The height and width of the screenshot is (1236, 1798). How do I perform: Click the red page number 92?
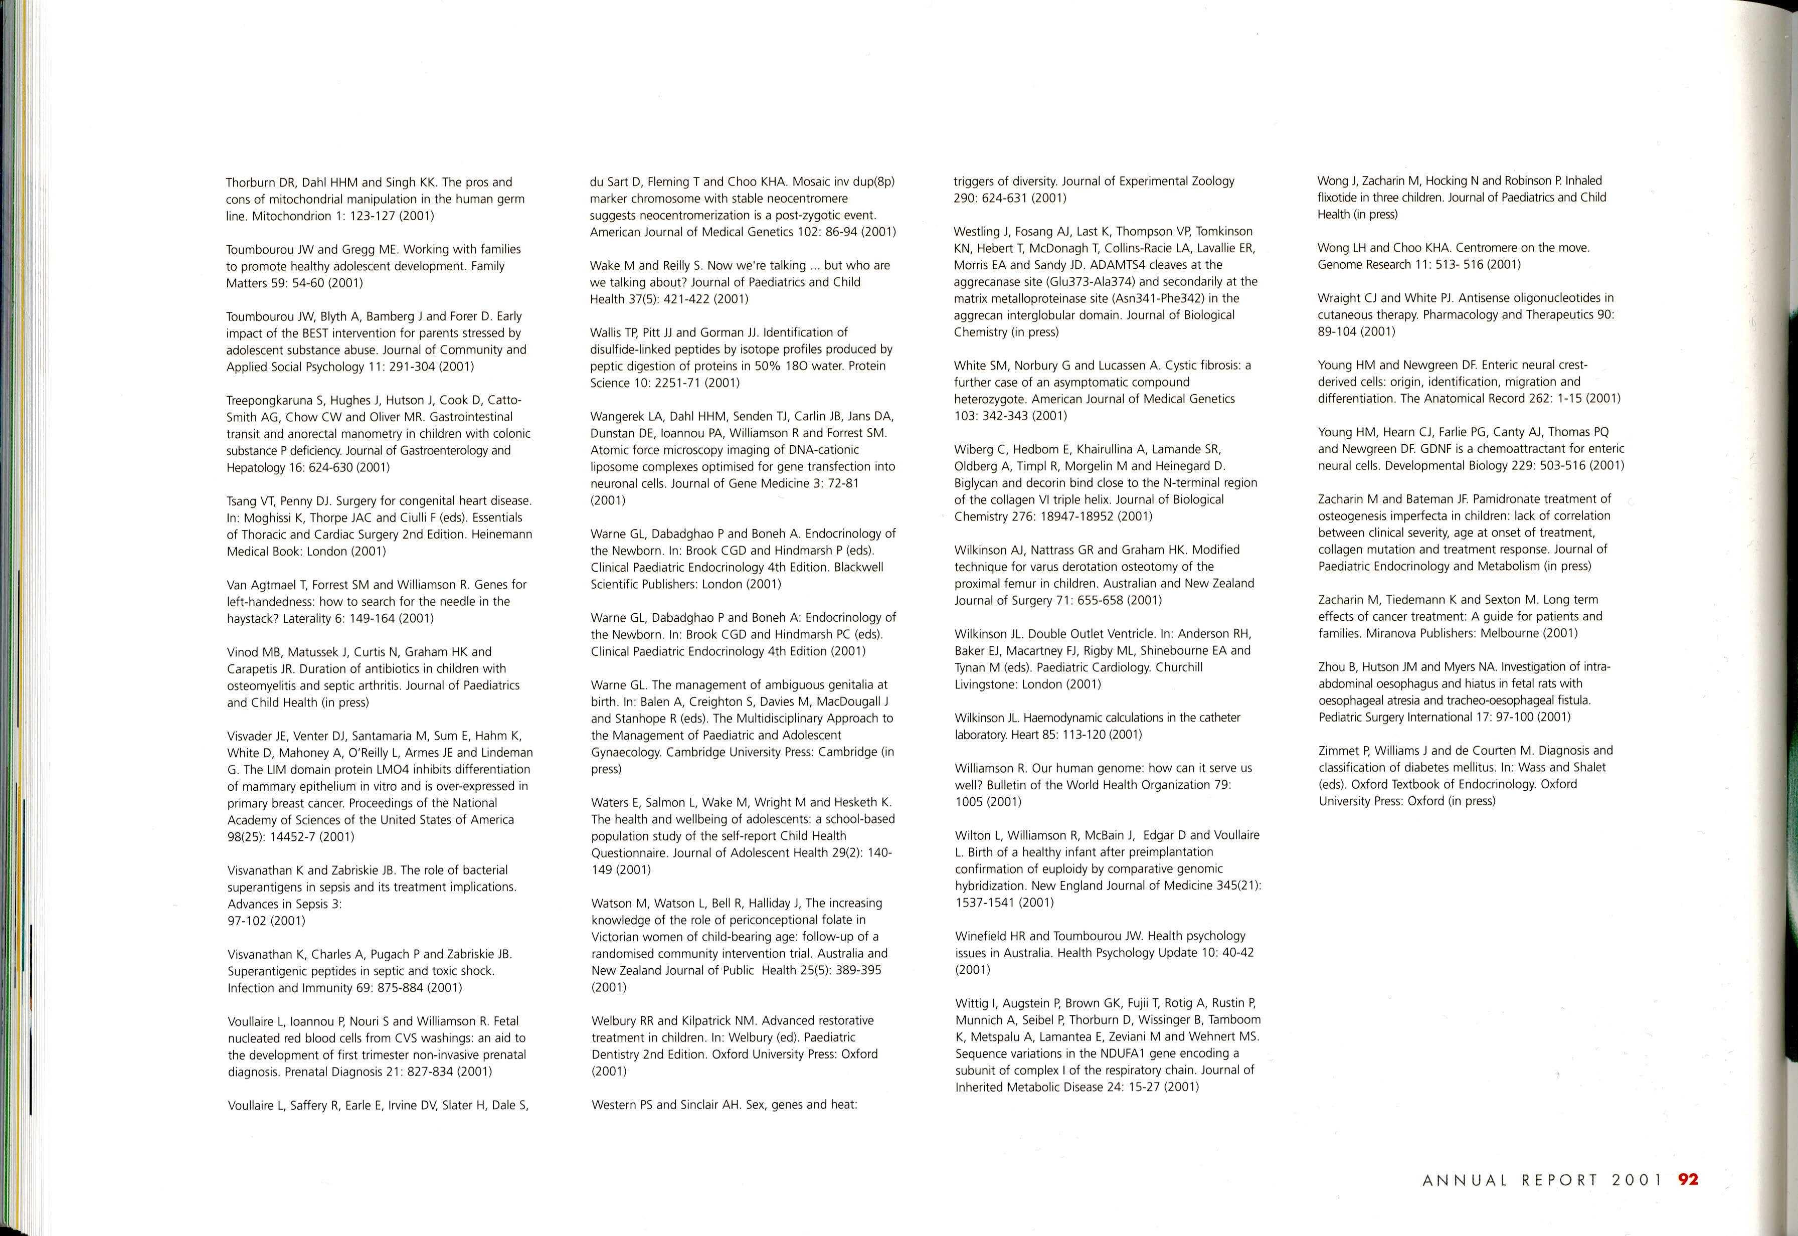(x=1688, y=1179)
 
